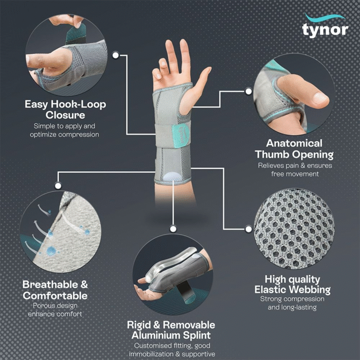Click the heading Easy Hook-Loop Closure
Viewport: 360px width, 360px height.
pyautogui.click(x=65, y=109)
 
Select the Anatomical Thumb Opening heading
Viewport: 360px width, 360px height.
pyautogui.click(x=294, y=149)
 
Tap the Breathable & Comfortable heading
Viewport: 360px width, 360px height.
pyautogui.click(x=55, y=290)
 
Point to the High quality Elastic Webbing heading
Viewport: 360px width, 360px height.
pyautogui.click(x=292, y=284)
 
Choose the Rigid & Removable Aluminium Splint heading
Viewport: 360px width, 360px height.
pyautogui.click(x=171, y=330)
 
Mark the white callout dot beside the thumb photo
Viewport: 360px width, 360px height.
pyautogui.click(x=248, y=91)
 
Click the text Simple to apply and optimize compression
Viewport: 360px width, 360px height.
pyautogui.click(x=65, y=130)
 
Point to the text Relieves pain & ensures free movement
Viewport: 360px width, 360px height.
pyautogui.click(x=295, y=170)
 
